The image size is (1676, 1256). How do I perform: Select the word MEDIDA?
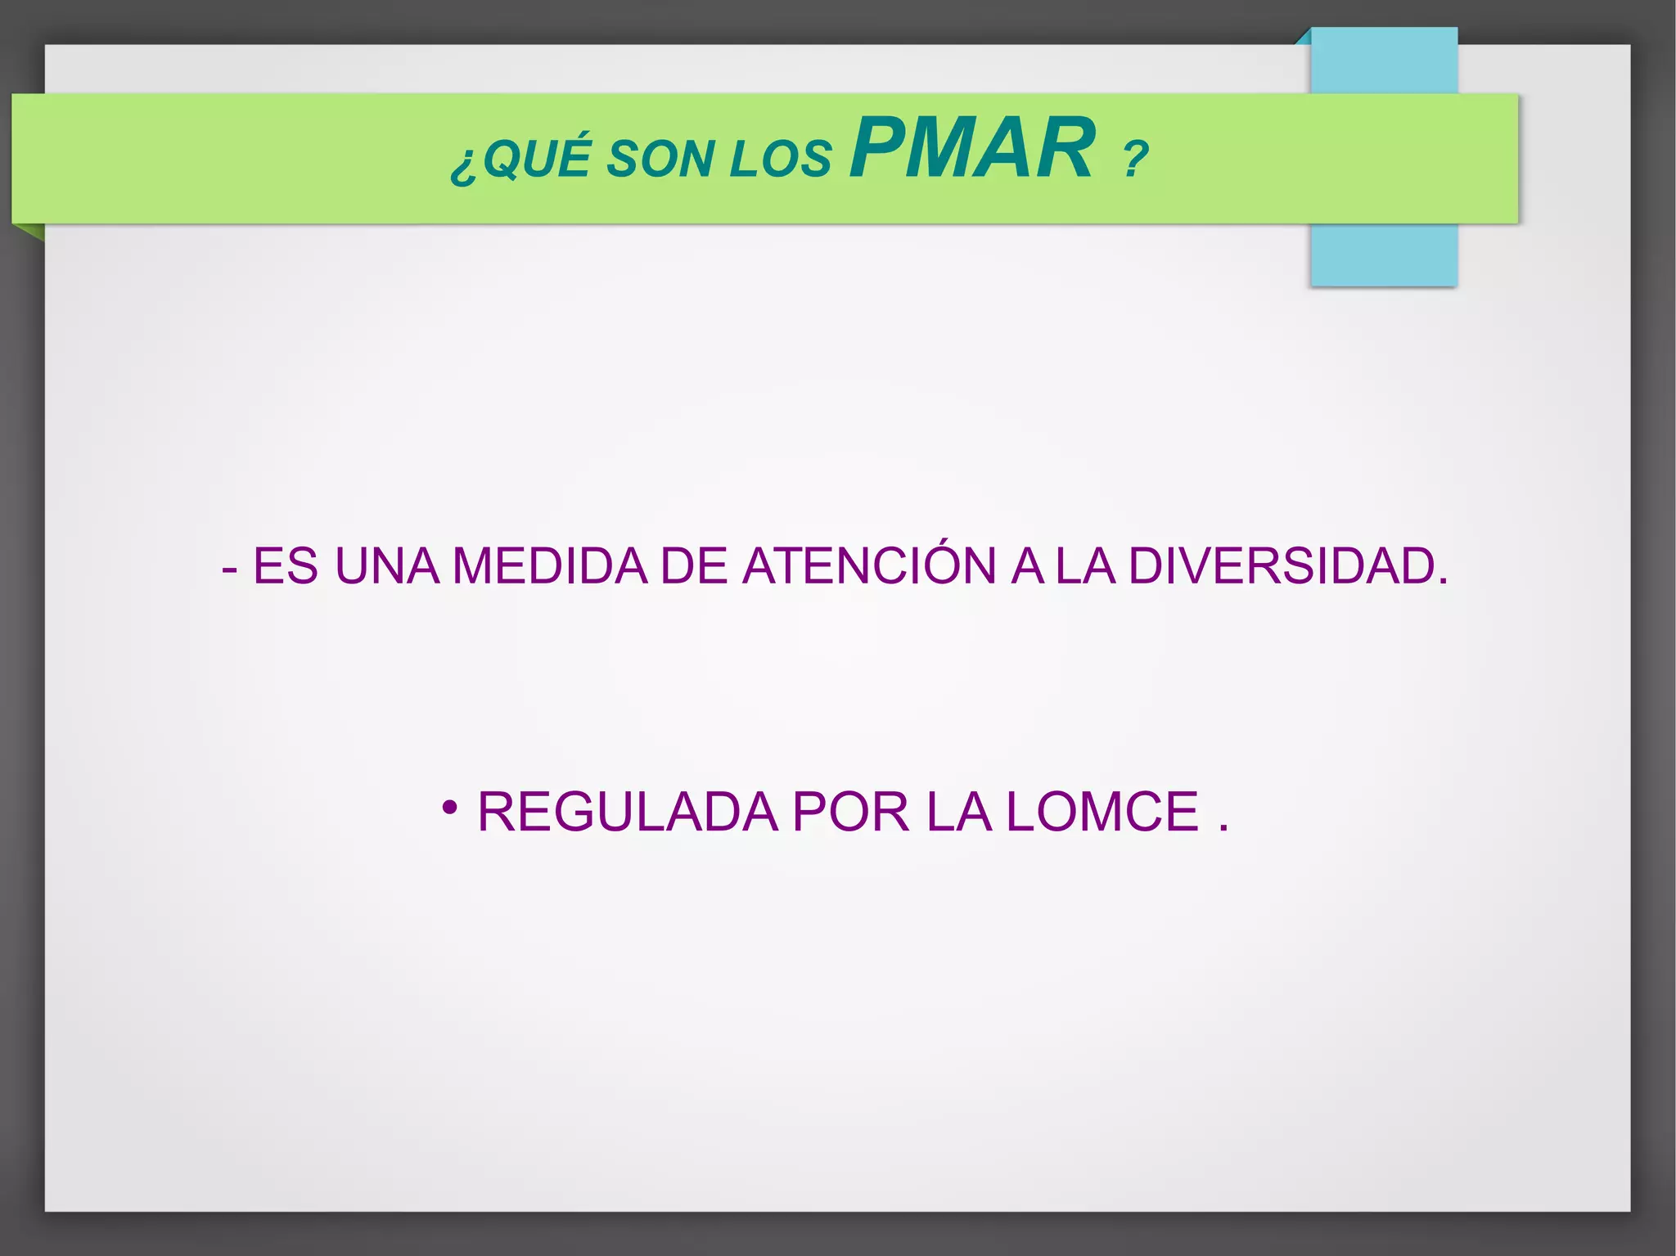tap(549, 565)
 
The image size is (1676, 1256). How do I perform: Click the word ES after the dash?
tap(285, 565)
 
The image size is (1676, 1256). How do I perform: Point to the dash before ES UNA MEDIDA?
tap(230, 569)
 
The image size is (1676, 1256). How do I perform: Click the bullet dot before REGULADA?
tap(448, 808)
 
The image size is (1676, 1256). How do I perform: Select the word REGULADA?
tap(627, 812)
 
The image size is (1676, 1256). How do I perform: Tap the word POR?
tap(850, 812)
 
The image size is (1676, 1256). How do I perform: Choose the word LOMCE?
tap(1102, 812)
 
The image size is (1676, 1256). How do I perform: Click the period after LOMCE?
tap(1223, 829)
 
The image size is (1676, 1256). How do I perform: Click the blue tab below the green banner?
tap(1383, 254)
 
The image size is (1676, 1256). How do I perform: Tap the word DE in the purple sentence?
tap(694, 565)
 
